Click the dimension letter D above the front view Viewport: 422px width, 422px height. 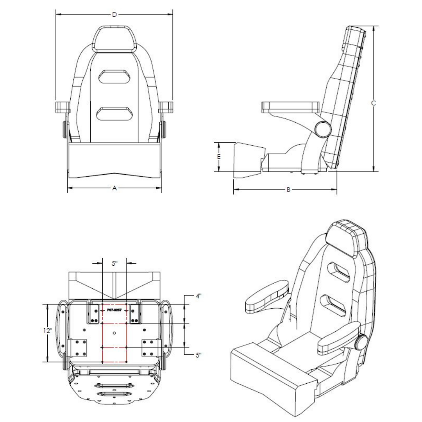(x=114, y=15)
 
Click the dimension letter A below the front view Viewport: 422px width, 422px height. (x=114, y=188)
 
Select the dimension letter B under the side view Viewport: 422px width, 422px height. (x=288, y=190)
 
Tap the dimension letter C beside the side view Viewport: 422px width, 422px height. (x=374, y=104)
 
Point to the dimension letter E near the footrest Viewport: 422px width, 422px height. (x=219, y=156)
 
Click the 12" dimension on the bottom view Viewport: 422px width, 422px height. (x=48, y=330)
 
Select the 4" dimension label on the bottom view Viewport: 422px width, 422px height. (x=198, y=296)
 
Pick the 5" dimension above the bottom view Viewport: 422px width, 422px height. (x=114, y=263)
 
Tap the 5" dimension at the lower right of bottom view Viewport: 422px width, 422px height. (x=198, y=355)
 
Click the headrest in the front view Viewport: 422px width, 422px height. (x=114, y=39)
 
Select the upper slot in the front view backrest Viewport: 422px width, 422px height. (x=114, y=77)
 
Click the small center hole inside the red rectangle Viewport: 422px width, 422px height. (x=114, y=333)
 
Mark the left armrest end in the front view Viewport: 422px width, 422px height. (x=63, y=107)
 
